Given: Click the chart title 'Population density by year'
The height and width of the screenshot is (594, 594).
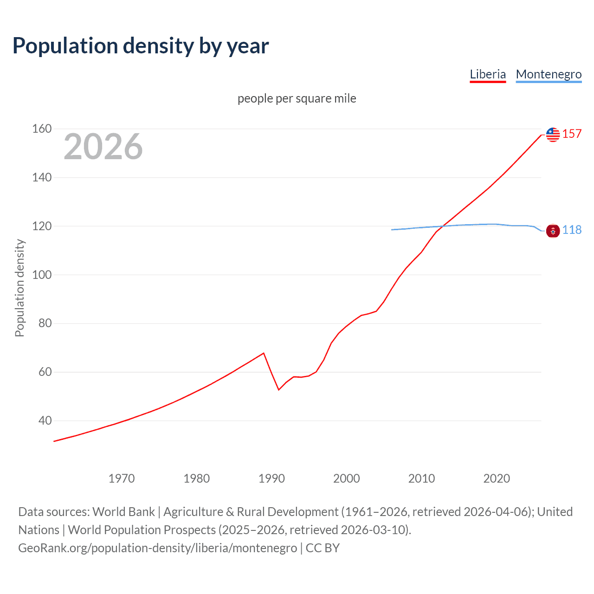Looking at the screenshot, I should click(x=141, y=45).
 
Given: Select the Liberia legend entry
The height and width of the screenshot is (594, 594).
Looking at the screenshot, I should click(x=487, y=74).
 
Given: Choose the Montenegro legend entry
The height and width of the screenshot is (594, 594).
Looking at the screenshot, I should click(x=549, y=74).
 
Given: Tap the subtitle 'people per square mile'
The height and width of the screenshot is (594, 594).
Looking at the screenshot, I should click(x=297, y=98).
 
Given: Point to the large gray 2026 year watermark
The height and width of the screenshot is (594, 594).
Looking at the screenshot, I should click(x=103, y=147).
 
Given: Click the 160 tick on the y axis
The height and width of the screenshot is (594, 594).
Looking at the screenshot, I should click(x=42, y=129).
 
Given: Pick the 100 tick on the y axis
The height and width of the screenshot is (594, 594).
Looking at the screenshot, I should click(x=42, y=275).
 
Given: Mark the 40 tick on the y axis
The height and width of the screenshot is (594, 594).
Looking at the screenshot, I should click(x=45, y=420).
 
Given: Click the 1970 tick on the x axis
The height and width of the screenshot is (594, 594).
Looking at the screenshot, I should click(x=122, y=478).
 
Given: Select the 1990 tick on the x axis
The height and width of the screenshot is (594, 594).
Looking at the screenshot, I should click(x=271, y=478).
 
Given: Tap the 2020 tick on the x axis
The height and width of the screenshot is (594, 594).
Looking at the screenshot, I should click(x=497, y=478).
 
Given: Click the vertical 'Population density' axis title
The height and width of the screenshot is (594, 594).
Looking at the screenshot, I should click(x=19, y=288).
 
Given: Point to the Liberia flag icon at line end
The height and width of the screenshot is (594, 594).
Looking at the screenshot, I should click(x=553, y=135).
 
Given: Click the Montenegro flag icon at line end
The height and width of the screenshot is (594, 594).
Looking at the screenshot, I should click(x=553, y=231).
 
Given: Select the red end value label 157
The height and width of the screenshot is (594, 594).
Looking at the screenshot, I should click(x=572, y=134).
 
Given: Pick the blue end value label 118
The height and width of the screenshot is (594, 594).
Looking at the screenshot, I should click(x=572, y=230).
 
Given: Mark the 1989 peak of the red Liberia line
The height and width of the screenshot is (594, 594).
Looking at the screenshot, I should click(x=264, y=353).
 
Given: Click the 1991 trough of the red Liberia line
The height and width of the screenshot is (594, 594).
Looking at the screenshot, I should click(x=279, y=389).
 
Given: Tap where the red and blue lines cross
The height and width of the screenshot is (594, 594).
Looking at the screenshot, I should click(x=442, y=226).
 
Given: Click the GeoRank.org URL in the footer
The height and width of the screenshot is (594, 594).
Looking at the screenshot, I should click(x=158, y=548).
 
